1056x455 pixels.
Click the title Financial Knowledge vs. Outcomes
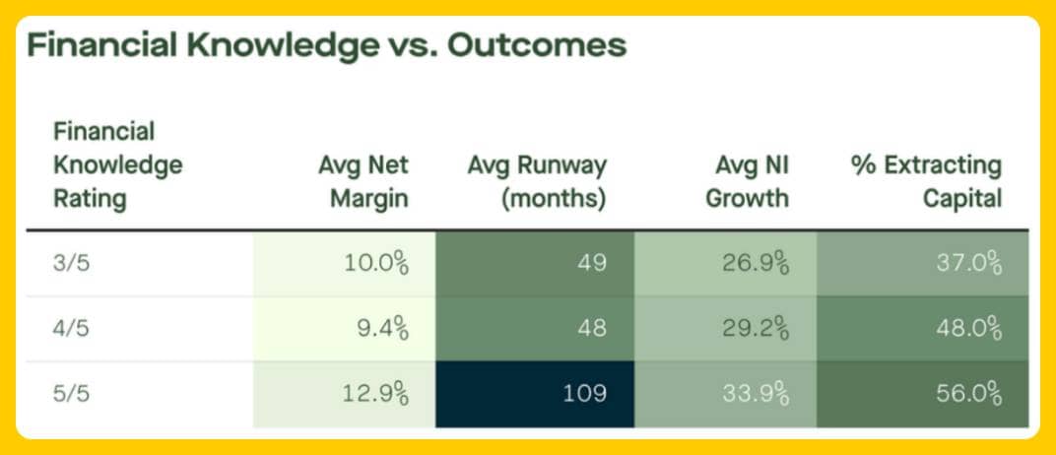click(326, 46)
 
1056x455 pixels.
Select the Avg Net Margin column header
click(357, 181)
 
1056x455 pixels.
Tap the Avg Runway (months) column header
click(537, 181)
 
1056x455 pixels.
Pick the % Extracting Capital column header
click(926, 181)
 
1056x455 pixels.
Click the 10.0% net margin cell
click(375, 263)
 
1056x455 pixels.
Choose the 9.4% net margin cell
click(381, 329)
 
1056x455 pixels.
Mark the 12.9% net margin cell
click(375, 395)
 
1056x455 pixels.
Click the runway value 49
click(592, 263)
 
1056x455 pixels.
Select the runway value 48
click(592, 329)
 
